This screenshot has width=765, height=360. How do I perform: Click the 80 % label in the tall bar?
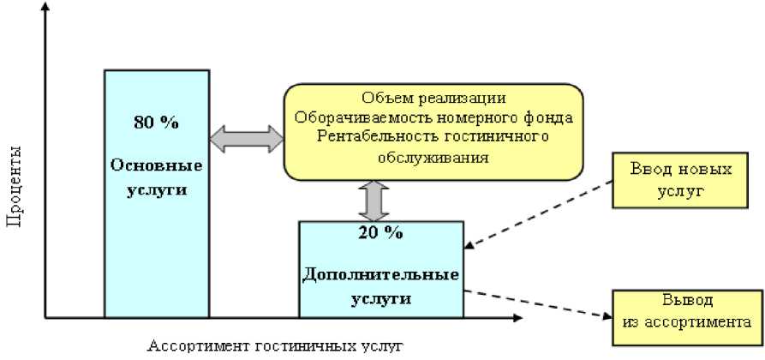point(156,123)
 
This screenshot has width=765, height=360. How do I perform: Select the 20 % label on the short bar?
point(380,231)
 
